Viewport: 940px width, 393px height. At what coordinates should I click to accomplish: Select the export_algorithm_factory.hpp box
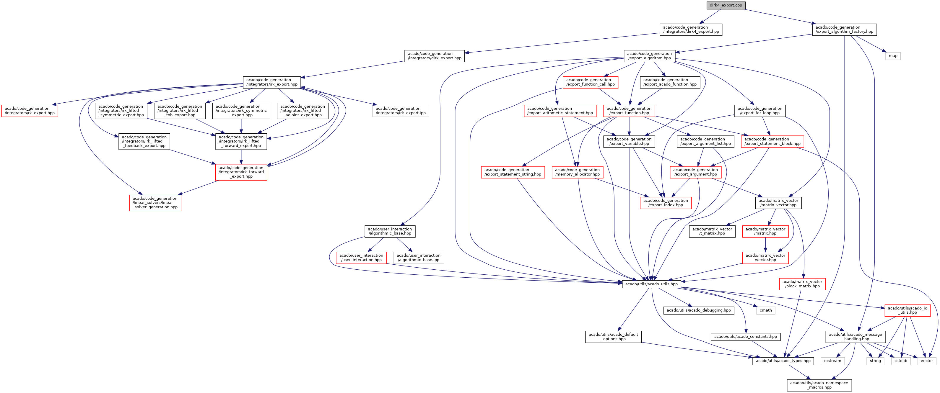point(844,30)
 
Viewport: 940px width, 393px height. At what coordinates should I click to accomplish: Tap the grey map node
point(893,56)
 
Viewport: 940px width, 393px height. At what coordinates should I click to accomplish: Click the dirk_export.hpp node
point(435,56)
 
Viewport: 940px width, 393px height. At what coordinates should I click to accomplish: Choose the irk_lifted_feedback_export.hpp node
point(144,141)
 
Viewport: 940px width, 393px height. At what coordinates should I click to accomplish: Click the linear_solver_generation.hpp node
point(155,203)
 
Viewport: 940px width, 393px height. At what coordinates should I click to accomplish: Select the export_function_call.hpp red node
point(591,82)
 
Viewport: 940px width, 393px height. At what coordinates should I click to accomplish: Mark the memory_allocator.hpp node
point(577,172)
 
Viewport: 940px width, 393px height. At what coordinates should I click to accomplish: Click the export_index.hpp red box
point(666,203)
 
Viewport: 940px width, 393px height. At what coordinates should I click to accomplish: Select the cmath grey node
point(766,310)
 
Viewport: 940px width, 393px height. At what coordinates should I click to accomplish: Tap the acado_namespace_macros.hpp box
point(819,385)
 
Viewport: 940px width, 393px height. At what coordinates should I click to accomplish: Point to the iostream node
point(832,361)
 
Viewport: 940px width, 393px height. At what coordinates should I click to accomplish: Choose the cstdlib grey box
point(901,361)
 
